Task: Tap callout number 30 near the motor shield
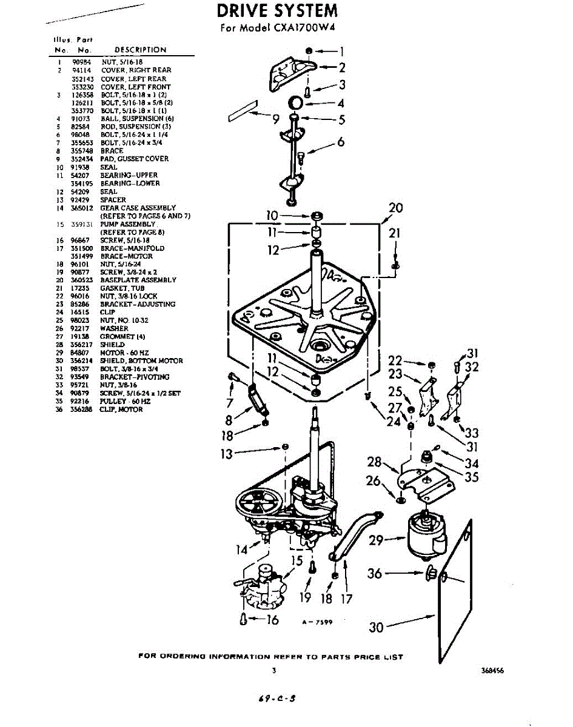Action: pyautogui.click(x=376, y=628)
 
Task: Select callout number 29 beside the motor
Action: pyautogui.click(x=377, y=540)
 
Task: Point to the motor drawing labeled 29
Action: pyautogui.click(x=424, y=533)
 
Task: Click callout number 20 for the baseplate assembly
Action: pyautogui.click(x=395, y=208)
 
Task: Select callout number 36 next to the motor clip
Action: pyautogui.click(x=375, y=573)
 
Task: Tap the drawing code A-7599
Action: pyautogui.click(x=317, y=622)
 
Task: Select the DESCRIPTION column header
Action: pyautogui.click(x=140, y=50)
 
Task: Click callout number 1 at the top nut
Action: pyautogui.click(x=341, y=51)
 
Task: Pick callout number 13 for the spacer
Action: pyautogui.click(x=226, y=454)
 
